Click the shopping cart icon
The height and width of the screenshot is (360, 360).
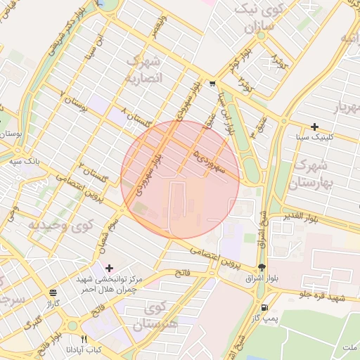point(212,84)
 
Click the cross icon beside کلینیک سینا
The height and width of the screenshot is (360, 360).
point(314,127)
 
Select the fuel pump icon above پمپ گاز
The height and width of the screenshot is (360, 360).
point(264,307)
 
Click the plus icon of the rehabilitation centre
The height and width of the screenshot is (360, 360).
point(109,268)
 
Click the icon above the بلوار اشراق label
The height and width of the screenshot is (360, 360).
point(262,267)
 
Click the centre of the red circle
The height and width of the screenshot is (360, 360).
point(180,180)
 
